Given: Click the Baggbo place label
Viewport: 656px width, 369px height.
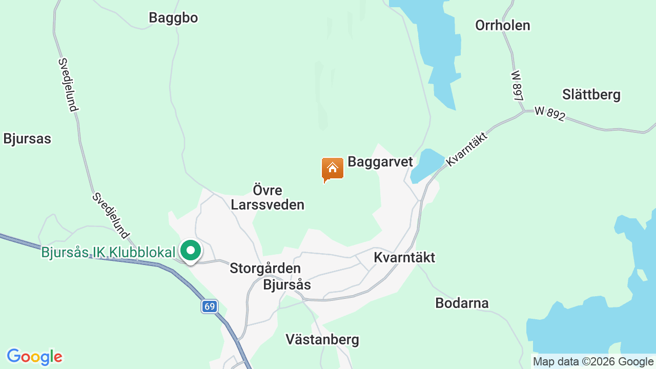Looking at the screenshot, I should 173,18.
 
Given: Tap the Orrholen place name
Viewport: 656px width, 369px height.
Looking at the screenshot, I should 502,25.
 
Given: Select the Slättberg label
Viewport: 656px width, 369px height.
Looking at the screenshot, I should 591,95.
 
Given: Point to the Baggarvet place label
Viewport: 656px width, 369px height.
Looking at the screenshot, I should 380,162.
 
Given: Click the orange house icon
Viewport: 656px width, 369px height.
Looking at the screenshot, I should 332,169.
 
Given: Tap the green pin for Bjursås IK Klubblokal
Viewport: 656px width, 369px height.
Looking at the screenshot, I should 191,251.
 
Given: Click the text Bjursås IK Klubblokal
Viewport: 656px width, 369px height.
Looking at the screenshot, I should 109,252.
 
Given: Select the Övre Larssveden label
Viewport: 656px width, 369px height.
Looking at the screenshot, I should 268,197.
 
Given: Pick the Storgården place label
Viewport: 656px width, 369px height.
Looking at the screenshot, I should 265,268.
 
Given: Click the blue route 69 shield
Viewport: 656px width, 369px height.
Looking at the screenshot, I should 209,306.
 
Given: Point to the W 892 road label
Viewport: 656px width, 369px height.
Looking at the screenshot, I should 549,113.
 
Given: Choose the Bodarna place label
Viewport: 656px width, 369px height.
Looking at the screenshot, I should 462,303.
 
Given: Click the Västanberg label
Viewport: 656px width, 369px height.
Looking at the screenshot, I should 322,339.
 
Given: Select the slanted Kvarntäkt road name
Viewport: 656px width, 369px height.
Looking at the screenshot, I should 466,148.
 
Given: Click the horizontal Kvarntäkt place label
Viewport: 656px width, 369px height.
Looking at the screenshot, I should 404,257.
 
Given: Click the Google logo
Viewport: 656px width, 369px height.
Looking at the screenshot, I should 34,357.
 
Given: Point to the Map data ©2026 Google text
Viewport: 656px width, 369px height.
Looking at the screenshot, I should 593,361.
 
